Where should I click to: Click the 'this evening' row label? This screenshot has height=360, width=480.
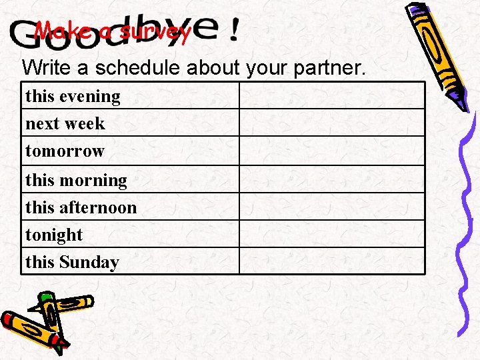point(73,97)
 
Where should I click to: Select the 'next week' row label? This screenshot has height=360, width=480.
point(65,124)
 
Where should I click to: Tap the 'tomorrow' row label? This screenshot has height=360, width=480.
point(65,151)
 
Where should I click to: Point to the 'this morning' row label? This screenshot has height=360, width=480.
point(76,180)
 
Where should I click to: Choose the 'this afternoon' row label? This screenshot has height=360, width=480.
point(81,207)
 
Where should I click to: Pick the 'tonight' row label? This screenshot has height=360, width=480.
point(54,235)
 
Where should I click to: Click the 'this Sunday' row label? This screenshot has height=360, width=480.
point(72,262)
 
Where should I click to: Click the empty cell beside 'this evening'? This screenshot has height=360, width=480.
point(331,96)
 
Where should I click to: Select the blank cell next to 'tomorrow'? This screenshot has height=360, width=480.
point(331,151)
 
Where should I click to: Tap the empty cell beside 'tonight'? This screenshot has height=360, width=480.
point(331,234)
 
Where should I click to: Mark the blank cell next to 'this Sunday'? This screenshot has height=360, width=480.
point(331,261)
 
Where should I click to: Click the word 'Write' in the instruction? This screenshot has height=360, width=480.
point(45,67)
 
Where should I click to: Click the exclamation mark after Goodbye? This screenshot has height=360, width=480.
point(233,31)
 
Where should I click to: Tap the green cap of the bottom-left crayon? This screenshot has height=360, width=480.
point(46,297)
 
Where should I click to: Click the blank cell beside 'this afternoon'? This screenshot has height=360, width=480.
point(331,207)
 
